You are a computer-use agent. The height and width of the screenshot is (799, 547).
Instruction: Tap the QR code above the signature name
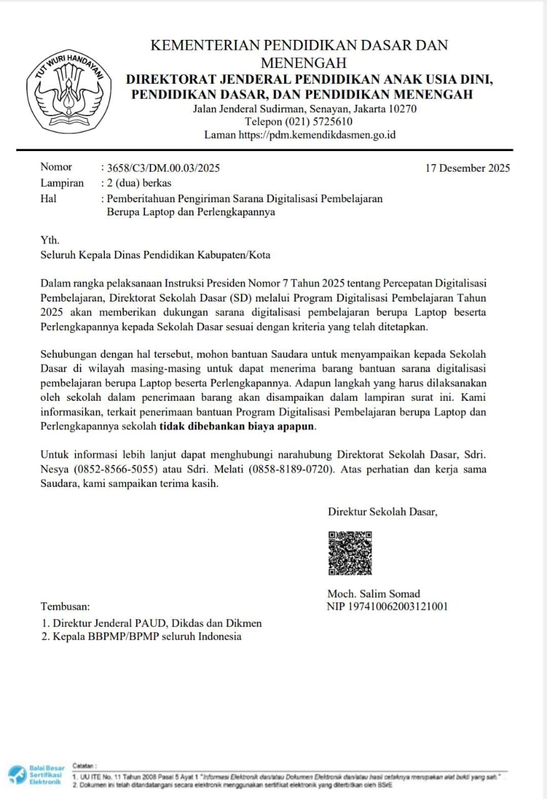[350, 553]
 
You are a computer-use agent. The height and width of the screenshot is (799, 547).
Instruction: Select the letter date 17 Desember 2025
[468, 168]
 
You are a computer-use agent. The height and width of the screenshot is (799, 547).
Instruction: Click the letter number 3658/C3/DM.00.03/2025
[163, 168]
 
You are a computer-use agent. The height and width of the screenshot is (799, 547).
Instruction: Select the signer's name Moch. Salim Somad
[373, 594]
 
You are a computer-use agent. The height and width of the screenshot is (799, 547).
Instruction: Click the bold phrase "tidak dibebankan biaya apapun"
[238, 427]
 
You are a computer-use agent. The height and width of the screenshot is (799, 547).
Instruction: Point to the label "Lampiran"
[62, 183]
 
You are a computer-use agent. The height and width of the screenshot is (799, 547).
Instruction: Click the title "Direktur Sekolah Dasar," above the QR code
[383, 512]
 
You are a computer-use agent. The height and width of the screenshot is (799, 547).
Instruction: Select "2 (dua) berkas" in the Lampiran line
[139, 183]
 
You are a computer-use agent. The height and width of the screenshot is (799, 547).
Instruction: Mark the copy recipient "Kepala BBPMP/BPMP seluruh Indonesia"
[147, 637]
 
